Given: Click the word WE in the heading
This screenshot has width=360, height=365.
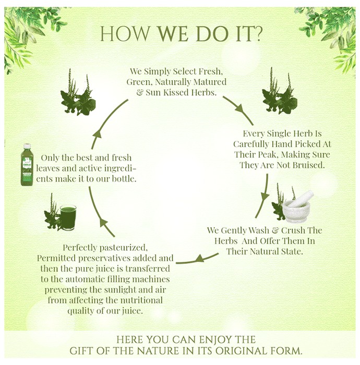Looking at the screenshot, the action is tap(173, 34).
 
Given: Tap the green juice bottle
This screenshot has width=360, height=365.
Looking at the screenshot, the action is tap(27, 165).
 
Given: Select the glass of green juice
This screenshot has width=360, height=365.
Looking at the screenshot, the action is tap(68, 217).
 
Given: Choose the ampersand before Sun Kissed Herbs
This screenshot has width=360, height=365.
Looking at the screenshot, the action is tap(140, 93).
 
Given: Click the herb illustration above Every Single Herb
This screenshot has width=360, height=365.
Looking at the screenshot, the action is tap(280, 91).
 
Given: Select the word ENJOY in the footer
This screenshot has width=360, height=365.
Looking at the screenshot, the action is tap(214, 339).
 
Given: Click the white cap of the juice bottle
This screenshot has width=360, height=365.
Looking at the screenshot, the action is tap(27, 146).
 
